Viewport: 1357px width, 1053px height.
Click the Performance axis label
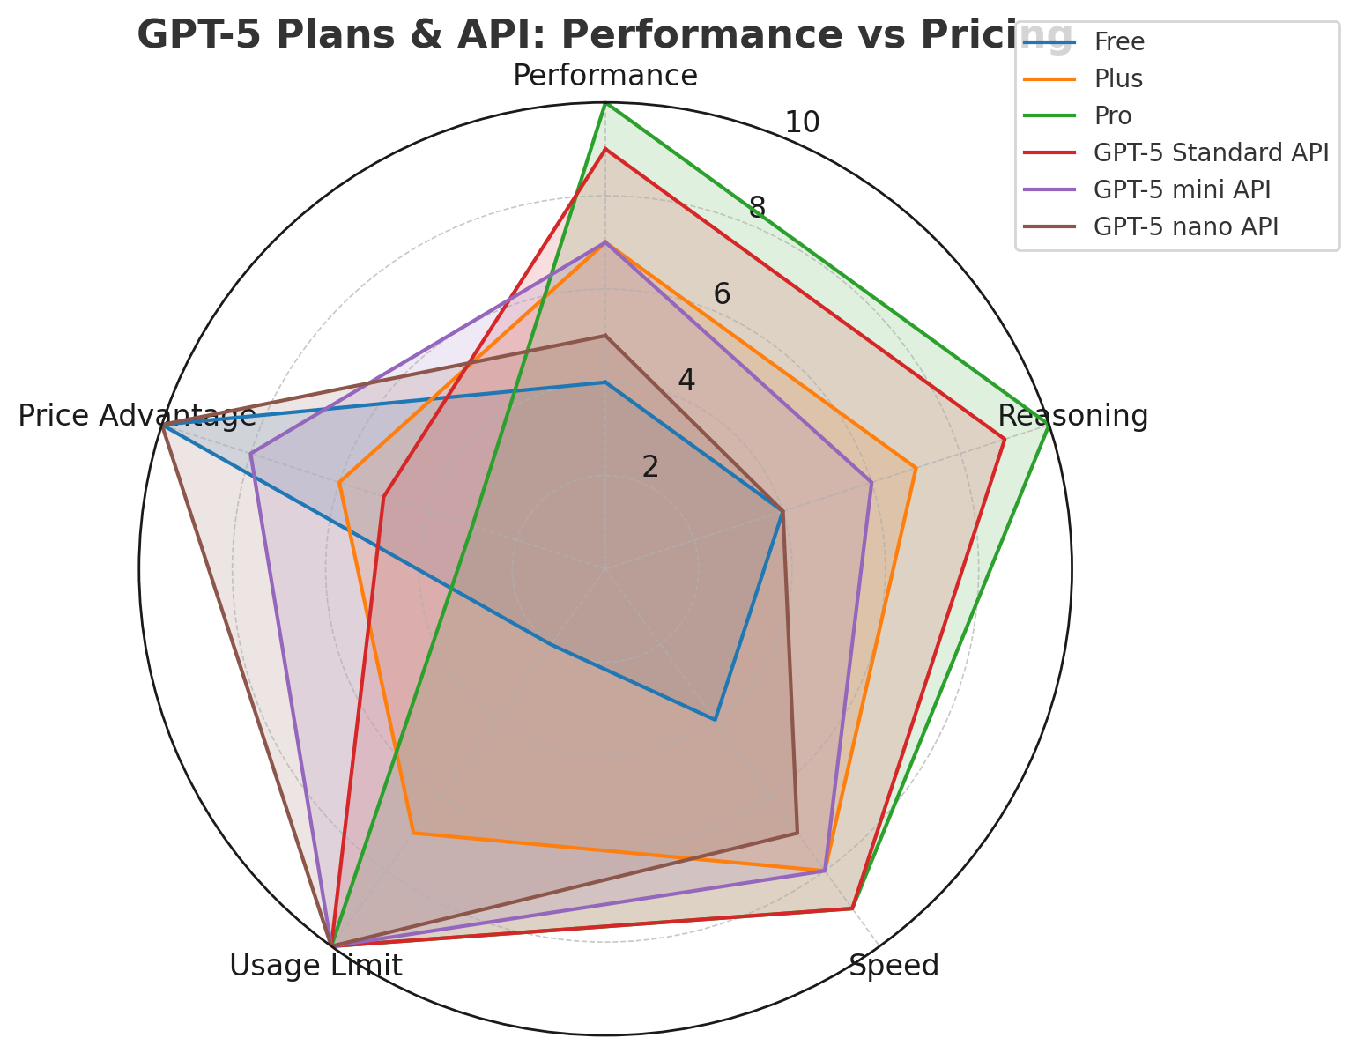[605, 76]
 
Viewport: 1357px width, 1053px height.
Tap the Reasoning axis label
[1072, 416]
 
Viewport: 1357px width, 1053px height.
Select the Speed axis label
[894, 966]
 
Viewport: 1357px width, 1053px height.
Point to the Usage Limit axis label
[315, 966]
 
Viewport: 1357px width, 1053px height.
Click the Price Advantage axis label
[137, 416]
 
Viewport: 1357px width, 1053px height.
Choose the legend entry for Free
[1118, 41]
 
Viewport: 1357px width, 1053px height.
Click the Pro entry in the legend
[1112, 115]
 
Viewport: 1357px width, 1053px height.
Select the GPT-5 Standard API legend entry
[1210, 152]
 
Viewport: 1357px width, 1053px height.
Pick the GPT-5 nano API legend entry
[1185, 226]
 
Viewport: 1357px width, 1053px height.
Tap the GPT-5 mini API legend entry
[1182, 189]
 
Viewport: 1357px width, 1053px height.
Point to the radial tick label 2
[650, 467]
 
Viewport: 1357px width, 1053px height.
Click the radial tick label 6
[722, 294]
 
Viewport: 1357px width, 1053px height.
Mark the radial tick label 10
[802, 122]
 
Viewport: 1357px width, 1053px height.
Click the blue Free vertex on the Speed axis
[715, 720]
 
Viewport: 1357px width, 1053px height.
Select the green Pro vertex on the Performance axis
[605, 104]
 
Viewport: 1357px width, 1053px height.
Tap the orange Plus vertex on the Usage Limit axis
[413, 833]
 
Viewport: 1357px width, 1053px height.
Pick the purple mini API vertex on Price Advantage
[251, 455]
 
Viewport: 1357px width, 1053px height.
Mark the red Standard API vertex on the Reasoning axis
[1004, 440]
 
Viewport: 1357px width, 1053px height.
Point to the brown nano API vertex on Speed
[797, 832]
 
